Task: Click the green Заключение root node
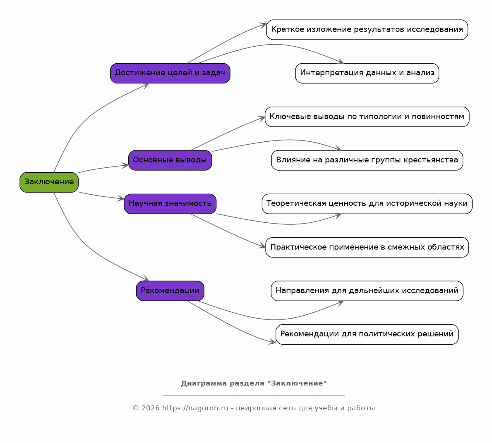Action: pos(49,182)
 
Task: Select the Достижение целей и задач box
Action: pos(170,73)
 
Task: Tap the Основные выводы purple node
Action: pos(170,160)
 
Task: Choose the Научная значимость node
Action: pos(170,204)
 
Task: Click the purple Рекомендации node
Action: pos(170,291)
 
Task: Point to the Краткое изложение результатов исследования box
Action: pos(367,30)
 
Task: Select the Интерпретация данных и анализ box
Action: pos(367,73)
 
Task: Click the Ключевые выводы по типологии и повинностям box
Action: pos(367,117)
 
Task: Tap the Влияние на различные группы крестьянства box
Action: pos(367,160)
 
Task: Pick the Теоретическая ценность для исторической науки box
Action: pos(367,204)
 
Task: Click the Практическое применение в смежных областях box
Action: pos(367,247)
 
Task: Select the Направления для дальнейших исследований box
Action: pos(367,291)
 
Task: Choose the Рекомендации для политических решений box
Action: pos(367,334)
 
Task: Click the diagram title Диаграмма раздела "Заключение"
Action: pos(254,383)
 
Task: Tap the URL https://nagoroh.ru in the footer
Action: pos(195,408)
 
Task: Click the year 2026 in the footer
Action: pos(150,408)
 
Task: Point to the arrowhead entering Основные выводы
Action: pos(125,165)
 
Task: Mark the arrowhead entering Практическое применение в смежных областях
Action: pos(262,246)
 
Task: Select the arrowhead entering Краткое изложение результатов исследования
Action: pos(263,25)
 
